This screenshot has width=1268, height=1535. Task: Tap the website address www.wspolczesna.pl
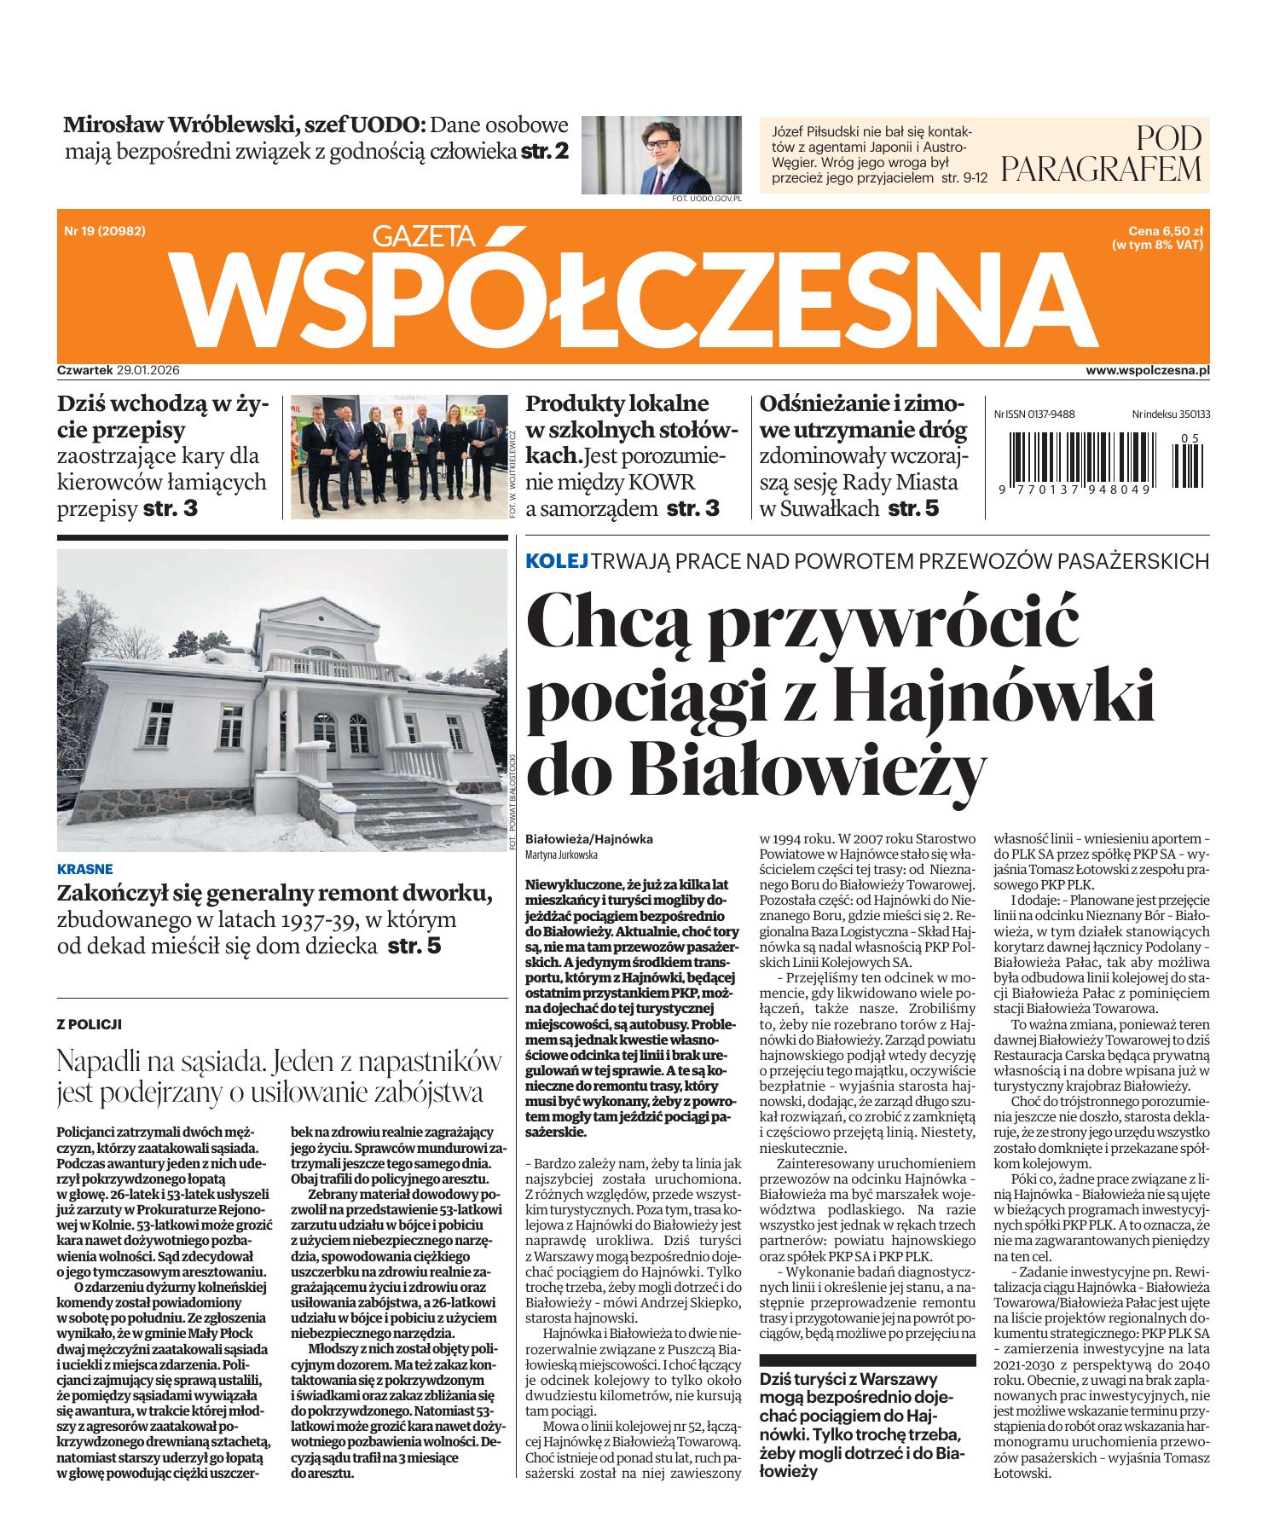[x=1148, y=370]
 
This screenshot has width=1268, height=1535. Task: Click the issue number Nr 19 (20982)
[x=103, y=230]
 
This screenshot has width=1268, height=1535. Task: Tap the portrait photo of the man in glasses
[x=661, y=153]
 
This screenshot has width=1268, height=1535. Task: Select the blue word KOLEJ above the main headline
[x=558, y=561]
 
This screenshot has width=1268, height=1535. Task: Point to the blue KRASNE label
[x=84, y=870]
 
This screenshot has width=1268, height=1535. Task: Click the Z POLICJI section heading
[x=89, y=1023]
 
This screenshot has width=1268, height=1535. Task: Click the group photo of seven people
[x=397, y=456]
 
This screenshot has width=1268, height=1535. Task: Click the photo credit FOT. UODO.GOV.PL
[x=707, y=199]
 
